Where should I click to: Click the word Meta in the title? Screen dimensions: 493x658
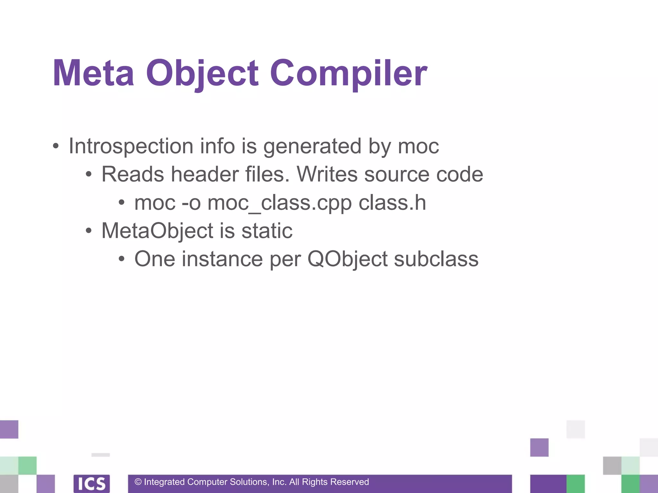(x=93, y=73)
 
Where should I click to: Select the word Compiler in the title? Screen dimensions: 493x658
(x=349, y=73)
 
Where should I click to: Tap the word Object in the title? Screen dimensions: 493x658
(x=202, y=73)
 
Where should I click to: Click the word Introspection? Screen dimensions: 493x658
(x=131, y=146)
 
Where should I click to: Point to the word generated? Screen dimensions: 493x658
(x=312, y=146)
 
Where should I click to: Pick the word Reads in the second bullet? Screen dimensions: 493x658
(x=132, y=174)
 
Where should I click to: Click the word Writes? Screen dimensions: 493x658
(x=327, y=174)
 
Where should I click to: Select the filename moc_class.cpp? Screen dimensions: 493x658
(x=280, y=203)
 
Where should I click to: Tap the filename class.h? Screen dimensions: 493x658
(x=392, y=203)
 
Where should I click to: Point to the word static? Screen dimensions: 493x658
(x=267, y=231)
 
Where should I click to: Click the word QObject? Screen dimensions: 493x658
(x=348, y=259)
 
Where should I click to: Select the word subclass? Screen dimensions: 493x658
(x=436, y=259)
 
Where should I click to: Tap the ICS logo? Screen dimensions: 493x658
(x=92, y=483)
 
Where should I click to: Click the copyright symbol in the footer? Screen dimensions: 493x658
(x=138, y=482)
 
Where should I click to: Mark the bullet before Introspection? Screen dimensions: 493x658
(x=56, y=146)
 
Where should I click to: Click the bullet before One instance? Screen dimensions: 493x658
(x=121, y=259)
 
